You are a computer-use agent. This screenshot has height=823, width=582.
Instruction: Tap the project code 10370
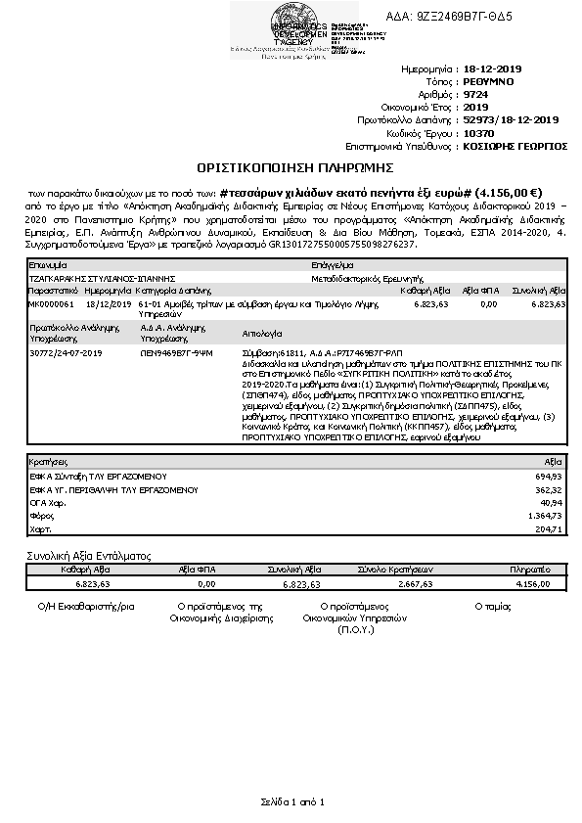coord(477,132)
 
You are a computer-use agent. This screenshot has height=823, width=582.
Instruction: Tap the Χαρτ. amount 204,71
coord(551,529)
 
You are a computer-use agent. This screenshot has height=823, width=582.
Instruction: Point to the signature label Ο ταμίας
coord(492,607)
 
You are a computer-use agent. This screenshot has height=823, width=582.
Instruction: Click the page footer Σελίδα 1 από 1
coord(291,801)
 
